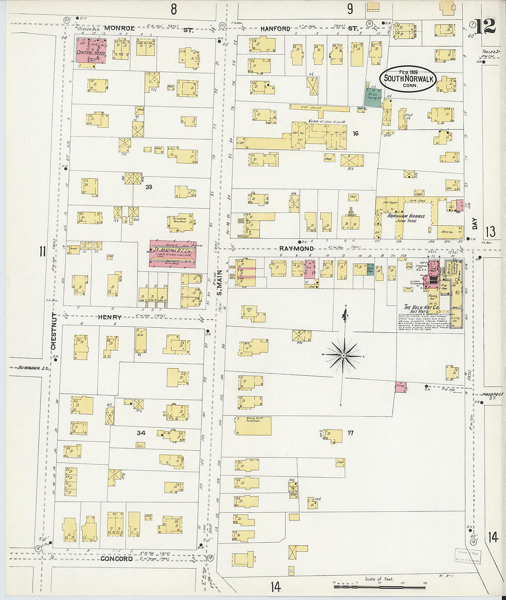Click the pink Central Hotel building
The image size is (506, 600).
(91, 51)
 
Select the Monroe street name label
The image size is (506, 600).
(120, 28)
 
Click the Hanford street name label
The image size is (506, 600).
(276, 29)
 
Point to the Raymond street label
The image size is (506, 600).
(297, 248)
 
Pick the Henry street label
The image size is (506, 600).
(109, 317)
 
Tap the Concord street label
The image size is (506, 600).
(116, 559)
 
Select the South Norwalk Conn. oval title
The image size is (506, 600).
(407, 79)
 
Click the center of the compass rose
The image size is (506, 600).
(344, 356)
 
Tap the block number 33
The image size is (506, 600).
(149, 187)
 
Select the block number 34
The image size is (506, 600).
(141, 433)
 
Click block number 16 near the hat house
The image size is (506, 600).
(355, 133)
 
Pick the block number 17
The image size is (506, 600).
(351, 432)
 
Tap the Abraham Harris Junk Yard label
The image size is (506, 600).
(406, 218)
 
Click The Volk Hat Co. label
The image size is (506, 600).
(421, 307)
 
